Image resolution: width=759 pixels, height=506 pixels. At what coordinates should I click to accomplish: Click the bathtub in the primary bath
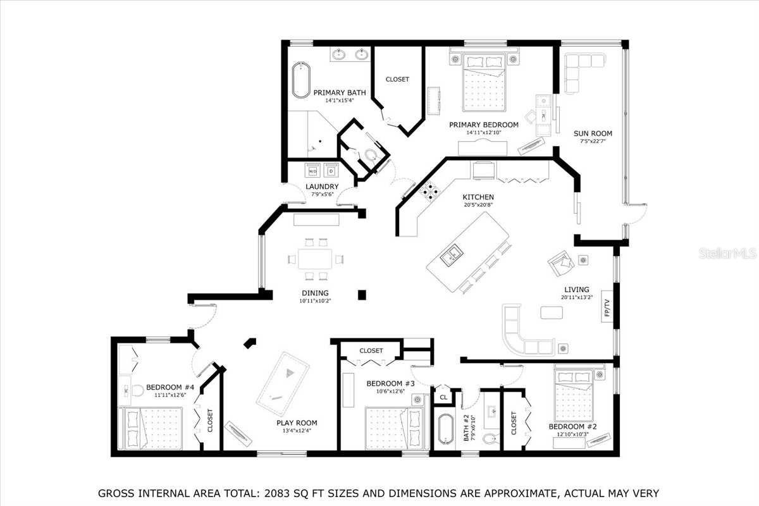point(300,80)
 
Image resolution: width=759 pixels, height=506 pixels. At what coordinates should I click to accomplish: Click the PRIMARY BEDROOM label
point(483,125)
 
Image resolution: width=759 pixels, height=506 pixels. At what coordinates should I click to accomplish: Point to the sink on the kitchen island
point(452,255)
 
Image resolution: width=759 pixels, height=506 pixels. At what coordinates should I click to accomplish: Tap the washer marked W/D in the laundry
point(312,171)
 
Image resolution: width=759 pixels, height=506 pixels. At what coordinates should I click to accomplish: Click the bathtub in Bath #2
point(445,429)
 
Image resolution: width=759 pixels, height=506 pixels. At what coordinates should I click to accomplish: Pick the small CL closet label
point(444,397)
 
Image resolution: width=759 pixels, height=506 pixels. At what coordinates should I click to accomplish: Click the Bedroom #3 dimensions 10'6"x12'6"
point(390,392)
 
